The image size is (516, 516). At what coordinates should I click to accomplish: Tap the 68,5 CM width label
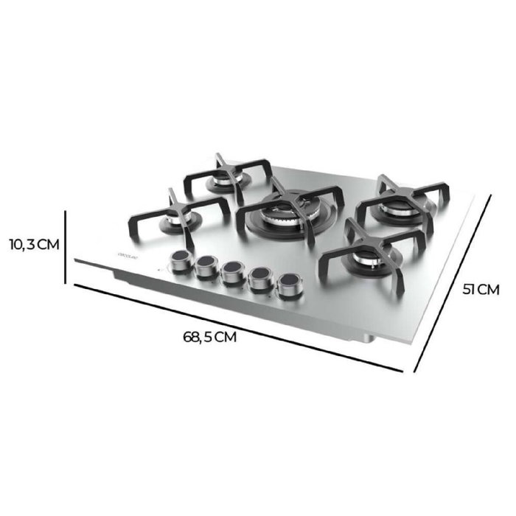210,338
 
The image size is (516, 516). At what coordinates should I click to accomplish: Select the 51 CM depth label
481,289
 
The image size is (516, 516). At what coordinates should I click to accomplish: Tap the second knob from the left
205,267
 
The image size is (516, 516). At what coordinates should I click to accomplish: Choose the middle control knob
232,272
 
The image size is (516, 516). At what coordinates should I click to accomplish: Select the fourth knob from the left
259,279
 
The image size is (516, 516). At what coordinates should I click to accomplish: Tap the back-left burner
219,181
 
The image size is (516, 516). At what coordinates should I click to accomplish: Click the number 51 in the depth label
470,289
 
